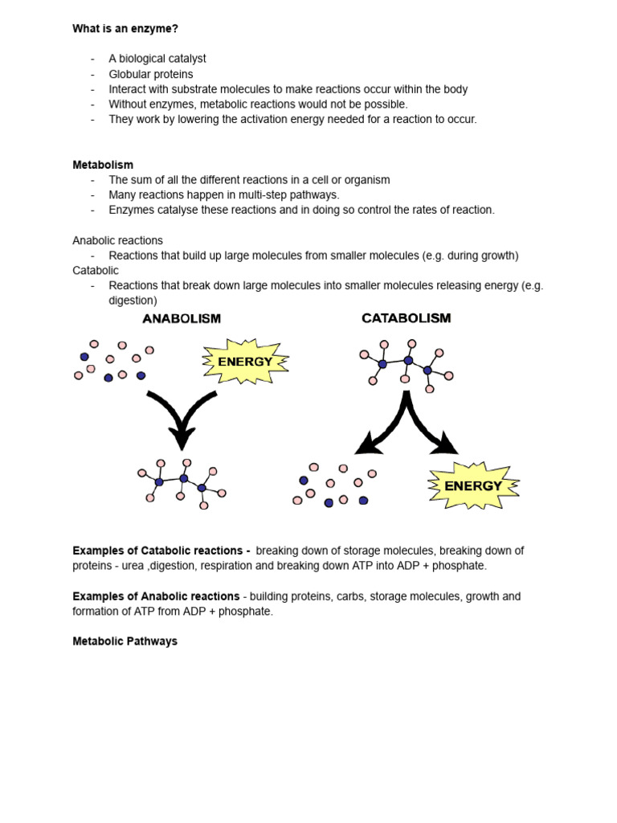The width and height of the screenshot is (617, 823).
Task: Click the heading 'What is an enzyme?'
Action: (x=125, y=29)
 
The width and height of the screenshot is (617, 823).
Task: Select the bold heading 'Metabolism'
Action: (x=103, y=165)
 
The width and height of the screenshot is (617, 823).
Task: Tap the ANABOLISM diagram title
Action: (x=182, y=318)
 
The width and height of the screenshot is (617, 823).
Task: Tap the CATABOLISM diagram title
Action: (x=406, y=318)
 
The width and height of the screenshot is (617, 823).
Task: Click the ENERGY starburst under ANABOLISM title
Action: (x=244, y=362)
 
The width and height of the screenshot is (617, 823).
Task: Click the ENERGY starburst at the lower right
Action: (x=472, y=485)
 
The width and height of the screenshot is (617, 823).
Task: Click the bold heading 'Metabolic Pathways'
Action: (x=125, y=641)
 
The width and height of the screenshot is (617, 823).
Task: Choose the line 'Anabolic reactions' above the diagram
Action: (x=117, y=240)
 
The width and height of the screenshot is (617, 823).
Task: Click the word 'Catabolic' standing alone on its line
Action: (x=96, y=270)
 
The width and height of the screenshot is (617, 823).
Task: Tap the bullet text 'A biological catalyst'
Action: (x=157, y=59)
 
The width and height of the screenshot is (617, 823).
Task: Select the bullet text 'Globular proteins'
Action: (x=151, y=74)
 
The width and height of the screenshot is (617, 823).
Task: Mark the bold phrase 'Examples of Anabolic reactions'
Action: (x=156, y=596)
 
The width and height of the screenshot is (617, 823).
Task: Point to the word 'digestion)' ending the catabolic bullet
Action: (x=133, y=301)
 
